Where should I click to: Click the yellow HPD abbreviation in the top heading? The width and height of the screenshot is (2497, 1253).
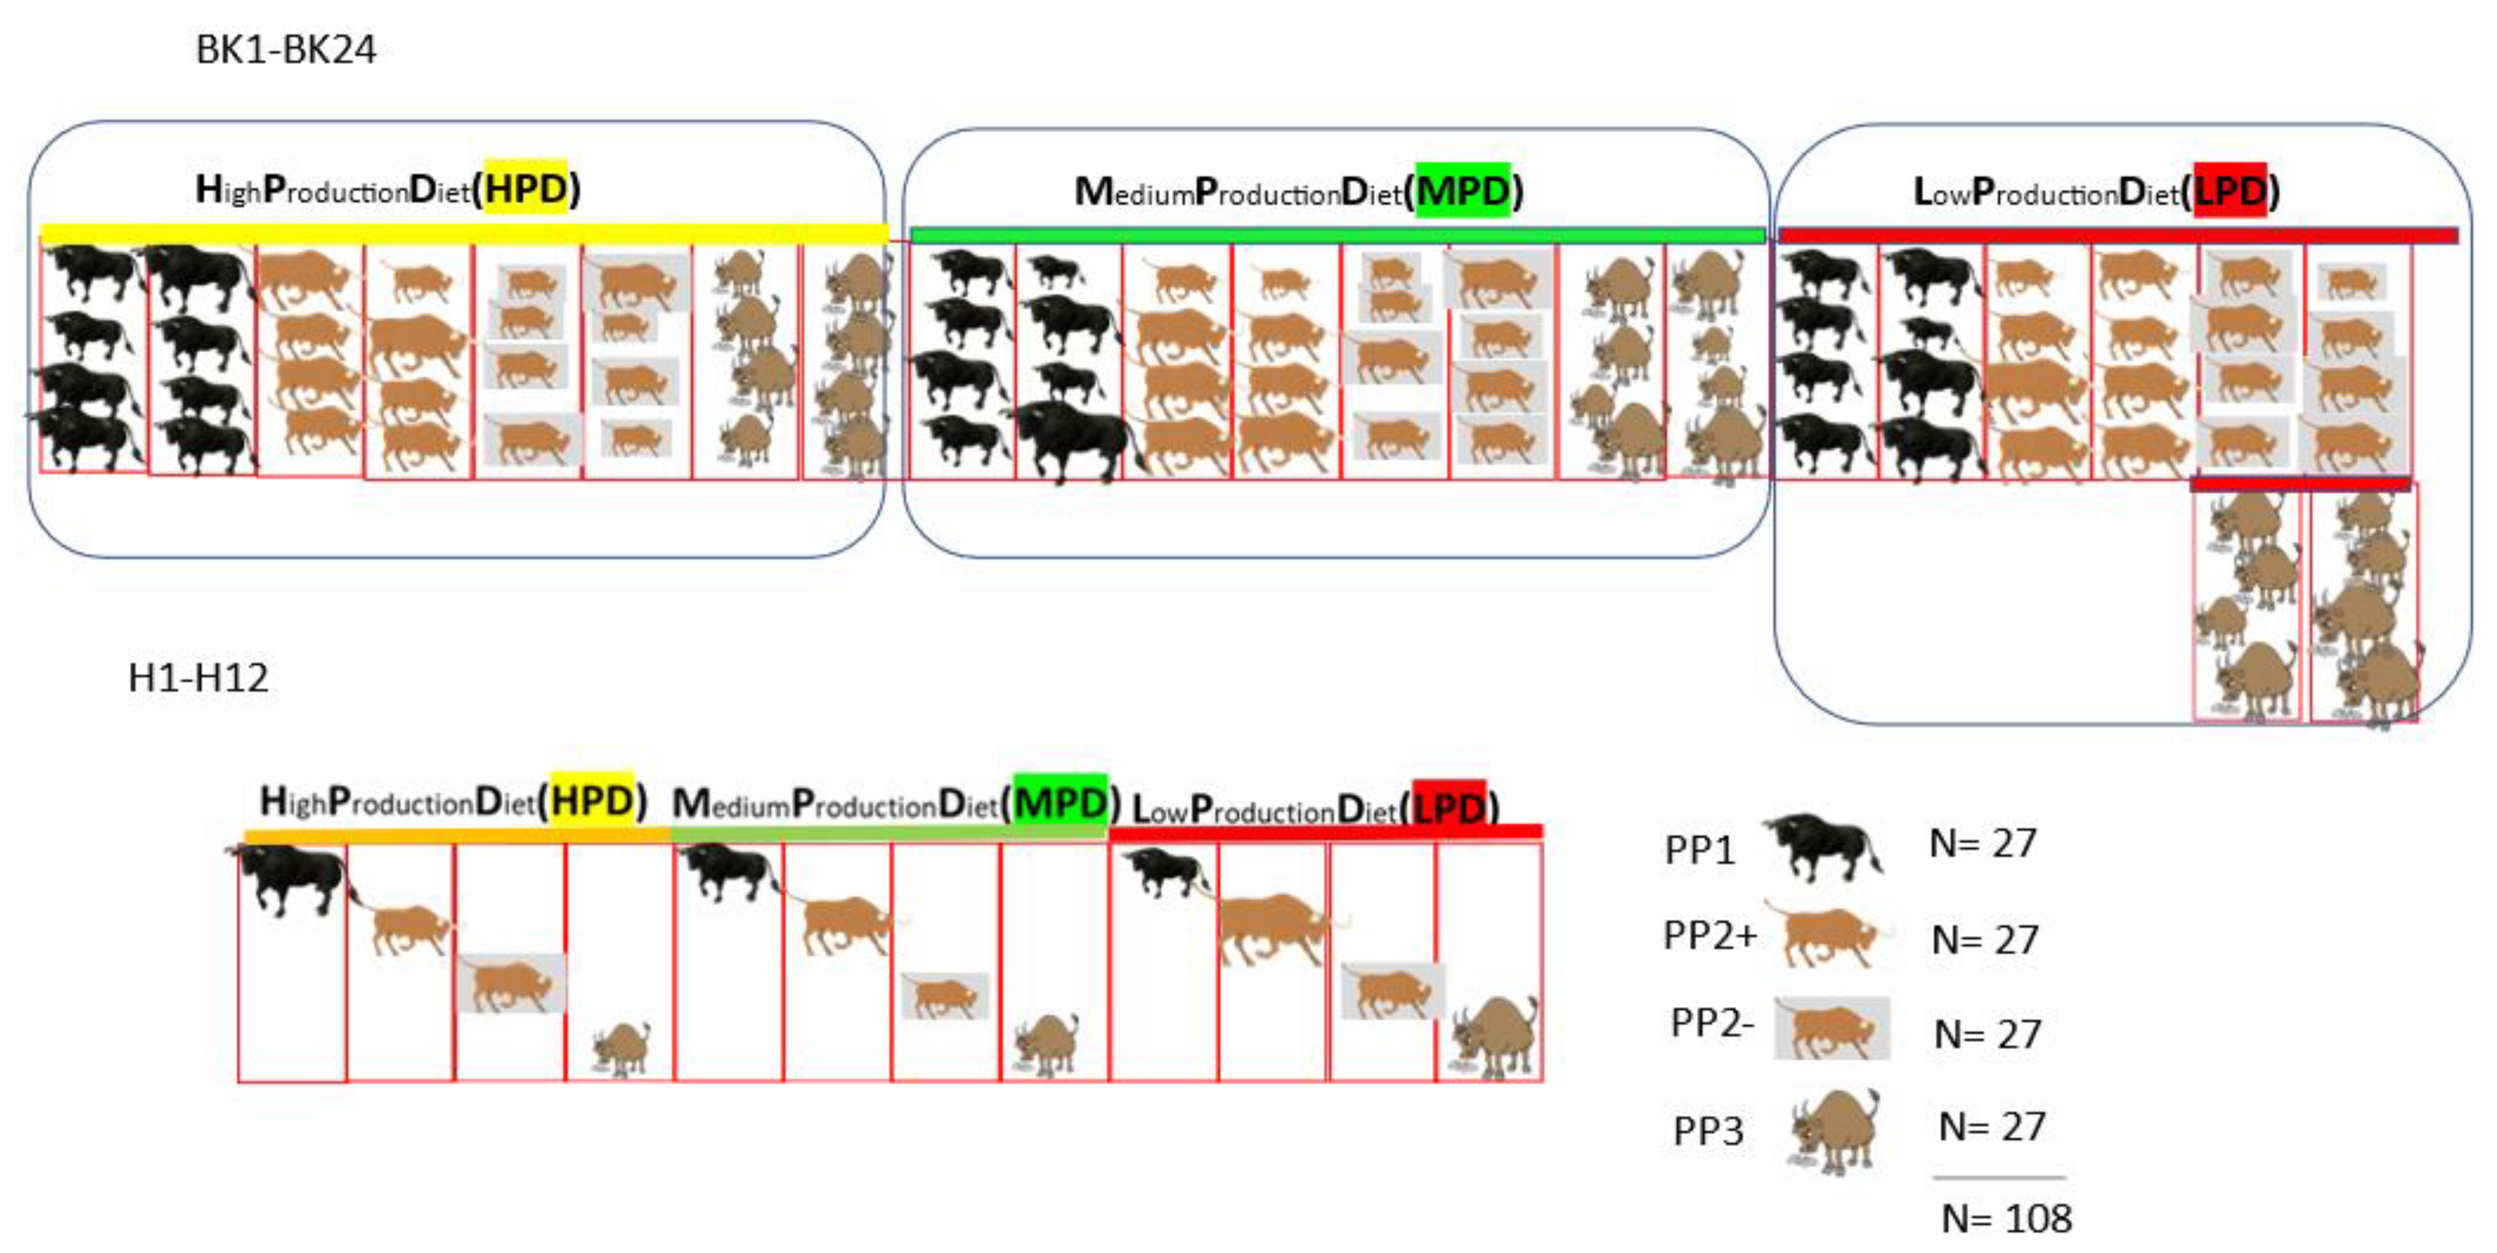526,189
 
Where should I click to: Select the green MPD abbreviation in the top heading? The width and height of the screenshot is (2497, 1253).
1463,191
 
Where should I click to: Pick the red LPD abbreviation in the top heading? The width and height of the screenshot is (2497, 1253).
2229,191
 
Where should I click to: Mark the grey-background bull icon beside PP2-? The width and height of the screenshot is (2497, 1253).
1831,1028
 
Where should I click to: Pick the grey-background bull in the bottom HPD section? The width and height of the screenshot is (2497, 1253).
511,983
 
